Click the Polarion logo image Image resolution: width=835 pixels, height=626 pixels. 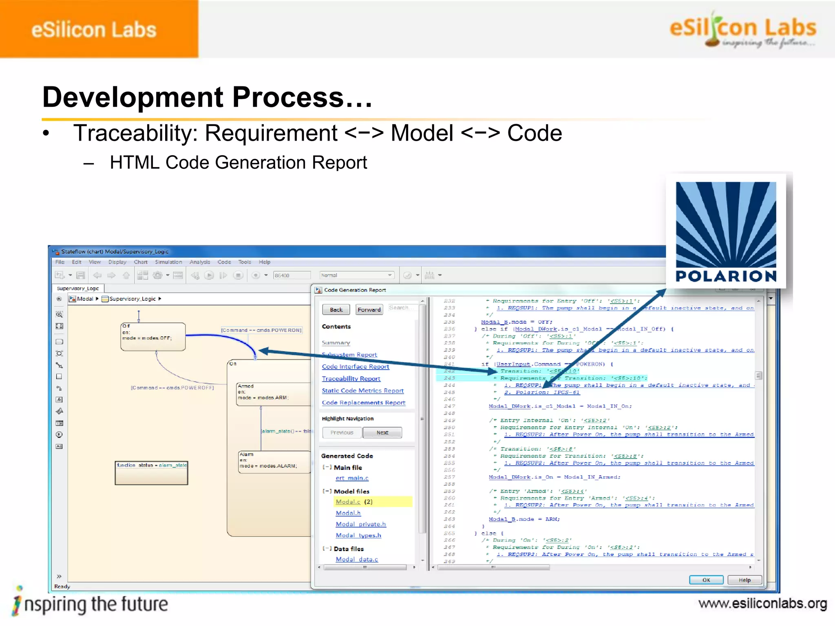(726, 231)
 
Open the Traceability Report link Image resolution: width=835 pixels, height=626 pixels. (351, 379)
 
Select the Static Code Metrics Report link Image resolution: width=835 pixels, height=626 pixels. (362, 390)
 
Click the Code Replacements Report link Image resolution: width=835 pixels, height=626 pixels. (363, 403)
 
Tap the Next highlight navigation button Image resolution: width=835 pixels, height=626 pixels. (382, 432)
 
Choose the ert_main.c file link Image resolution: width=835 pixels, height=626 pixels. (352, 478)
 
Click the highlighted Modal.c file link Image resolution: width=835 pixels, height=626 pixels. (348, 502)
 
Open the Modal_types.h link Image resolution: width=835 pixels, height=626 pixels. (358, 536)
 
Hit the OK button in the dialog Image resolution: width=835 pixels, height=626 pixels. (706, 580)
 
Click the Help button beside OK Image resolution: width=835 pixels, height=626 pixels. (744, 580)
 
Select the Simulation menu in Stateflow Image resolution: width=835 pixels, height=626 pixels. (168, 262)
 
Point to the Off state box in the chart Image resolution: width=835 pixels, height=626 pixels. (153, 337)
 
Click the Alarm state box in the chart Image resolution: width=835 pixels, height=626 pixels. (274, 462)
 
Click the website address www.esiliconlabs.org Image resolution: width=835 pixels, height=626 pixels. (762, 604)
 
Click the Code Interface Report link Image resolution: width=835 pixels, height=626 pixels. (355, 367)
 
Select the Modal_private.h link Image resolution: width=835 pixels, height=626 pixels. (360, 525)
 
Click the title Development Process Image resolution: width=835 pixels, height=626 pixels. (207, 97)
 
